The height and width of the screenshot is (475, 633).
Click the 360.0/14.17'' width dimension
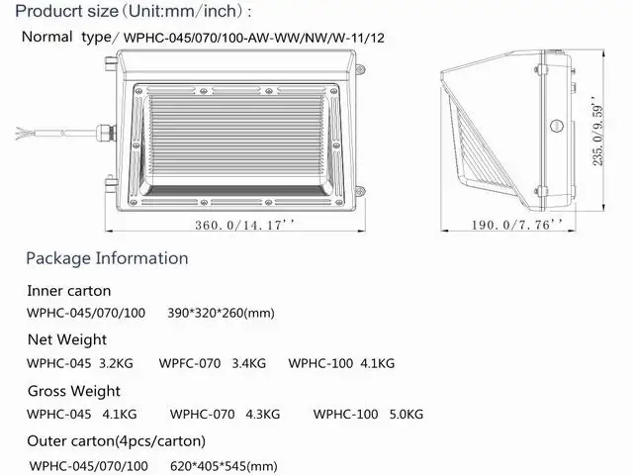[x=244, y=225]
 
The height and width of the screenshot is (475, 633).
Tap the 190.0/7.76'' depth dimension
[x=517, y=225]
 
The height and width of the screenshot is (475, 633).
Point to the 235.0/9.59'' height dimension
[x=598, y=131]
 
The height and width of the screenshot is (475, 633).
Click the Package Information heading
[x=107, y=258]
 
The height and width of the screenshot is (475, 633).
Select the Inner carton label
[x=69, y=291]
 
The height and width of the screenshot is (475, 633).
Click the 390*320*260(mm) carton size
[x=221, y=313]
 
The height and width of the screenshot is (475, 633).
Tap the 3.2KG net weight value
[x=116, y=363]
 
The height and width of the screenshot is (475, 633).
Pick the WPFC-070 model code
[x=190, y=363]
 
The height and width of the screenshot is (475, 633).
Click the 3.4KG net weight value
[x=248, y=363]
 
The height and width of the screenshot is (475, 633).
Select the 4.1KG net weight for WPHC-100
[x=378, y=363]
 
